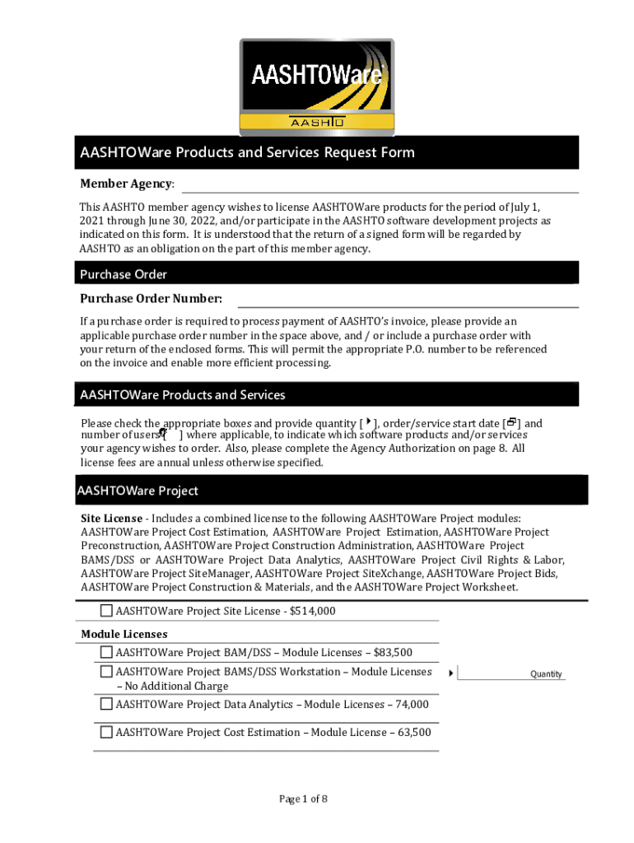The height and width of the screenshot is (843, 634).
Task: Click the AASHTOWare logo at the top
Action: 317,86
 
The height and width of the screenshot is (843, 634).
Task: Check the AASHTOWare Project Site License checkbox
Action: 106,611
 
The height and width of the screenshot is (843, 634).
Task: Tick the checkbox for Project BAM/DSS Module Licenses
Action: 106,652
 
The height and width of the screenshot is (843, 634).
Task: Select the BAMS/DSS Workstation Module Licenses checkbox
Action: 106,672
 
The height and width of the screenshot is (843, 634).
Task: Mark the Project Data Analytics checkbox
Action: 106,704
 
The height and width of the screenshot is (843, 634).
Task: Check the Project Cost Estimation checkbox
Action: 106,732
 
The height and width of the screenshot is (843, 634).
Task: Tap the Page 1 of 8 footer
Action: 303,799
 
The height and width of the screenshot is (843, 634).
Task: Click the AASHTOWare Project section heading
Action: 138,491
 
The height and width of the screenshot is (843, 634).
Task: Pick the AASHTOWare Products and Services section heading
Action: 183,395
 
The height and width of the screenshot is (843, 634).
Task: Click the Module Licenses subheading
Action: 124,634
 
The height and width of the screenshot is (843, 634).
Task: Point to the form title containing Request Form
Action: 247,152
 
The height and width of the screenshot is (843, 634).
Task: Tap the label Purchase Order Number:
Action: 151,298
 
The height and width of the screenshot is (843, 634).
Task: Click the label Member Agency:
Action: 127,183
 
